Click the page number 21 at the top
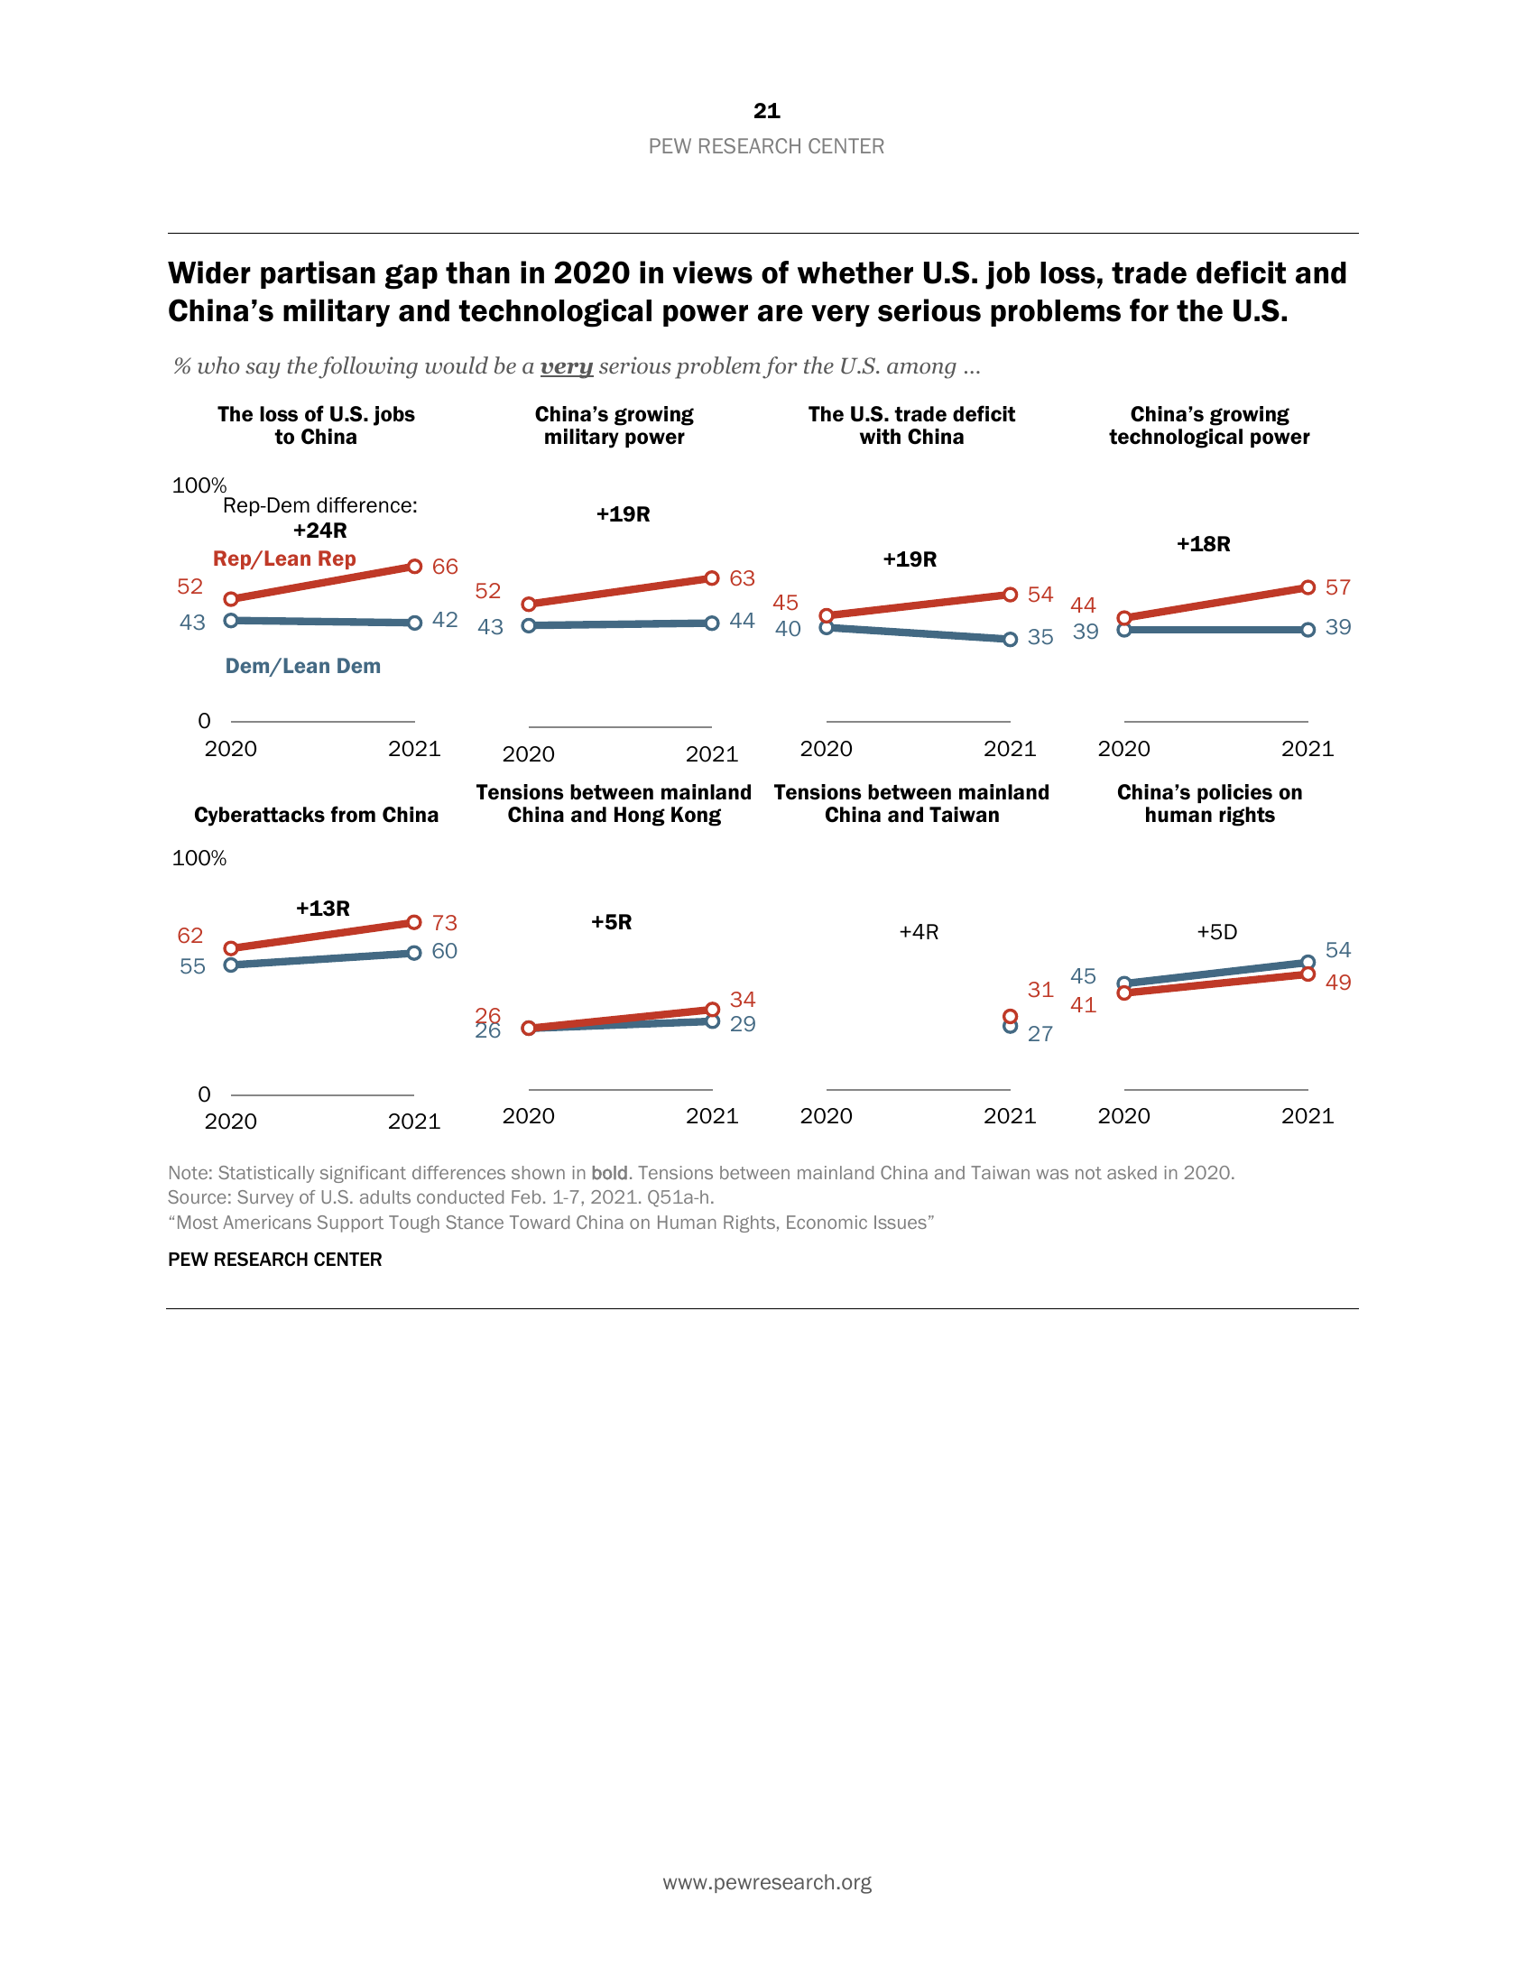766,111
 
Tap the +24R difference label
320,531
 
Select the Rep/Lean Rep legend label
284,559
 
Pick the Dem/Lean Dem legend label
302,666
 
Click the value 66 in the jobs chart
444,568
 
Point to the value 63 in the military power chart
742,579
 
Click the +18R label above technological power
1203,544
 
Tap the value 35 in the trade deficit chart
1040,638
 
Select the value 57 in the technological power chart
1337,588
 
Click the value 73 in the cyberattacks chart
444,923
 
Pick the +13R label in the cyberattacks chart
323,909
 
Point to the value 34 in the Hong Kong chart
743,1000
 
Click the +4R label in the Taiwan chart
919,933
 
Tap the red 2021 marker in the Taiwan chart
1010,1016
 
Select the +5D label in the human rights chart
1217,933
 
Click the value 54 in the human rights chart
1337,951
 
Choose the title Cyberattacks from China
316,816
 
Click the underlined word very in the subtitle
566,366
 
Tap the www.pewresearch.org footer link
766,1882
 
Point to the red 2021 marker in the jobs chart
414,567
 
